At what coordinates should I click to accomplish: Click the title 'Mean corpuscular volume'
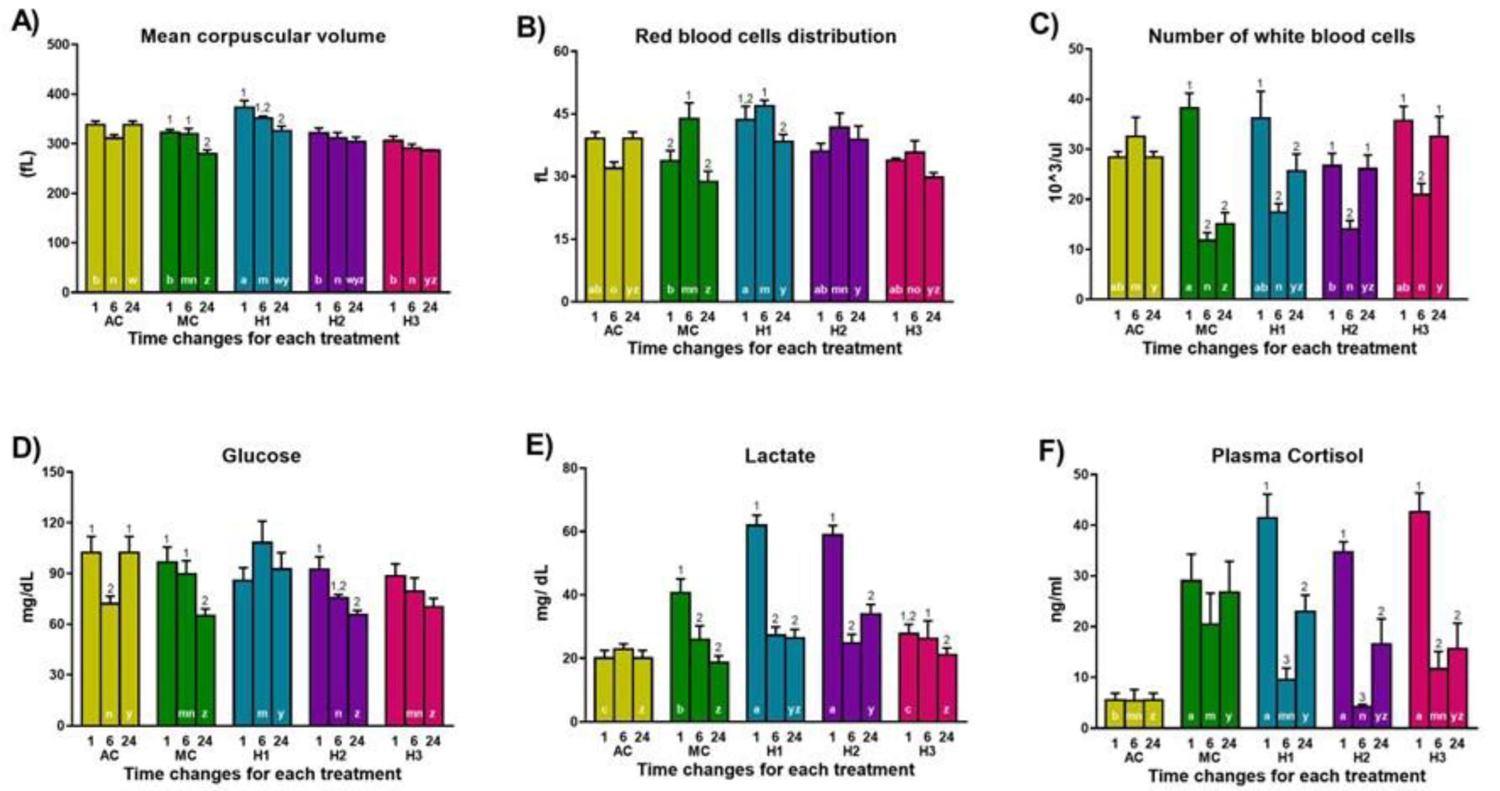tap(263, 36)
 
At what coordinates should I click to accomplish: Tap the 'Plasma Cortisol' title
tap(1287, 456)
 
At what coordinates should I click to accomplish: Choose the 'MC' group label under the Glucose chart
tap(186, 755)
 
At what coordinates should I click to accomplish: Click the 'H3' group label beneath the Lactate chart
tap(927, 751)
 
